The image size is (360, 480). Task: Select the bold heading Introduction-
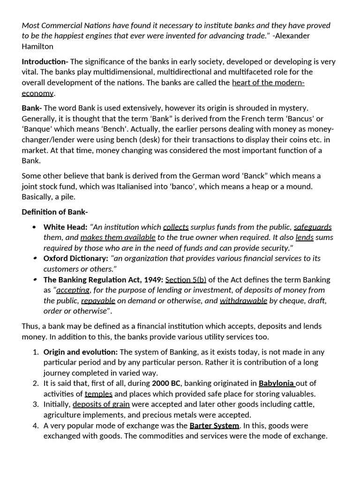coord(45,61)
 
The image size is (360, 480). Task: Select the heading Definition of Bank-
coord(55,212)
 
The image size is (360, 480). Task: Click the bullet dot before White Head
coord(34,227)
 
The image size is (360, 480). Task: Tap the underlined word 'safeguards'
coord(313,227)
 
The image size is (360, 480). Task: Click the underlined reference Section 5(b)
coord(186,279)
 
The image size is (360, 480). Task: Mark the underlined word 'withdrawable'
coord(243,300)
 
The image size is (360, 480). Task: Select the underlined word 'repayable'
coord(98,300)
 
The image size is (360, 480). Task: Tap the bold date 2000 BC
coord(166,383)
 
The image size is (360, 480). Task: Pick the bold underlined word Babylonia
coord(277,383)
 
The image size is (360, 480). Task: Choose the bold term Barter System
coord(214,426)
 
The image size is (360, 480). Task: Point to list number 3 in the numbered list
coord(36,404)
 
